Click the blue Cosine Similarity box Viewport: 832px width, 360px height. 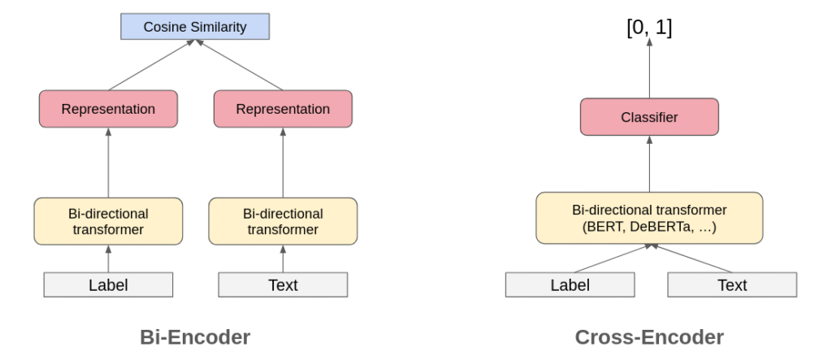(x=194, y=27)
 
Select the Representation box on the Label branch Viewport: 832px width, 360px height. (x=108, y=109)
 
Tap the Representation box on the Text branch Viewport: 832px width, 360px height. (x=283, y=109)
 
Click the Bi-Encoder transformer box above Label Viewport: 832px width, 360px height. (x=108, y=222)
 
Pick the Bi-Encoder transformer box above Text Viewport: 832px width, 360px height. (x=283, y=222)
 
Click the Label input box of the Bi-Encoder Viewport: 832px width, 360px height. (x=108, y=284)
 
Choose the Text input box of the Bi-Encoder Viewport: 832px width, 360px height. (x=283, y=284)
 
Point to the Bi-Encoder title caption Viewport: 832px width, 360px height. (x=195, y=336)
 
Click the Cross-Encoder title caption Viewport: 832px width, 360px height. (x=649, y=336)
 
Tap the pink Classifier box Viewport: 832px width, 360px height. (x=649, y=117)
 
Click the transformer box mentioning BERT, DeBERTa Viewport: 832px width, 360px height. (x=649, y=218)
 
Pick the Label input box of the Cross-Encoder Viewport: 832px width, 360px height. (x=570, y=284)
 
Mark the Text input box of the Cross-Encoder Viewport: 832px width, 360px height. (x=732, y=284)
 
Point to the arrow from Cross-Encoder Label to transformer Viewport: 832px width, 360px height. (x=609, y=258)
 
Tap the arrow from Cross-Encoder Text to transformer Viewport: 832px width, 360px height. (x=691, y=258)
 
